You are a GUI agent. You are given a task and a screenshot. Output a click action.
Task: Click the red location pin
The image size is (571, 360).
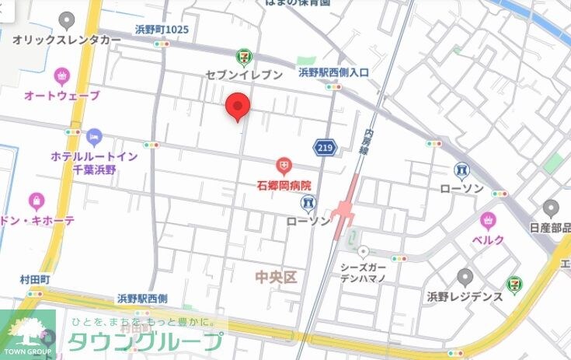(237, 107)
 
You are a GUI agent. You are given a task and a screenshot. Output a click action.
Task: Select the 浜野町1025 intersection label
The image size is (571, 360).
(162, 30)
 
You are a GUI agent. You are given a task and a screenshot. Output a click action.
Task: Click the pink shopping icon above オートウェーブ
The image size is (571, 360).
(62, 76)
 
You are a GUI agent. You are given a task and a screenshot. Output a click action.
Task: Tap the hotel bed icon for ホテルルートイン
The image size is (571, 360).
(94, 137)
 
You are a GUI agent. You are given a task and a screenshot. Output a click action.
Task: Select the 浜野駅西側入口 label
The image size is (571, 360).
(334, 72)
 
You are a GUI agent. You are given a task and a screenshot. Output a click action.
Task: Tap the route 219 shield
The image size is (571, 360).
(325, 147)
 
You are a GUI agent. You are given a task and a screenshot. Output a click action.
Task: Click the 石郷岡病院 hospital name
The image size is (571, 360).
(284, 185)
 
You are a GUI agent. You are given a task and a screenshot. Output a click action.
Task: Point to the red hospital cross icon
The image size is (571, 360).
(284, 165)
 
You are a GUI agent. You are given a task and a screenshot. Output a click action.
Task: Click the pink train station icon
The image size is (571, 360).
(342, 212)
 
